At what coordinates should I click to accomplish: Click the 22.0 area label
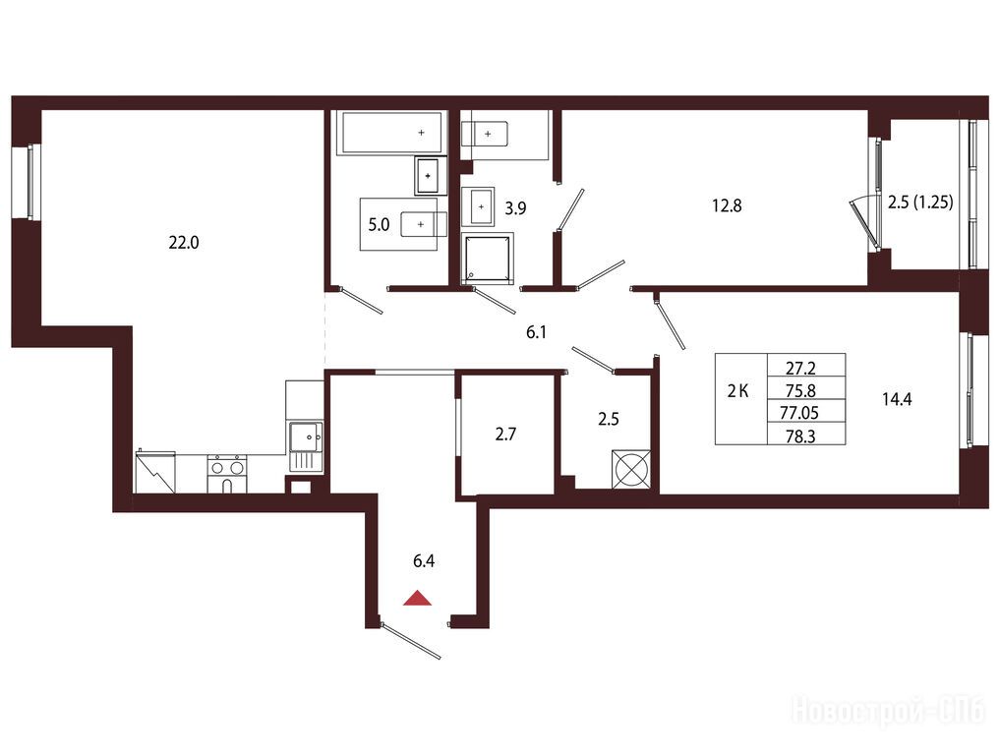184,242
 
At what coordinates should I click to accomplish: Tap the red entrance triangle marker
418,598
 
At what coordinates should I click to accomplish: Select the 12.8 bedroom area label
727,206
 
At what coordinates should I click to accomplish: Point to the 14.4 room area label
897,399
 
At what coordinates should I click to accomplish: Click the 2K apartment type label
737,391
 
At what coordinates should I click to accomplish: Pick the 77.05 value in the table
799,413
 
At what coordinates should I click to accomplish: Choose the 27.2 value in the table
801,368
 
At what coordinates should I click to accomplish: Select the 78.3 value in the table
801,436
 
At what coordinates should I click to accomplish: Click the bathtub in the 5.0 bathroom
391,133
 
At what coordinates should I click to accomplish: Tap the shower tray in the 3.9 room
488,258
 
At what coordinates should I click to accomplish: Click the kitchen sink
306,437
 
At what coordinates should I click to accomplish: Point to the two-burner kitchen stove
227,473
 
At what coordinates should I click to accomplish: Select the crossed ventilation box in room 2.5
631,469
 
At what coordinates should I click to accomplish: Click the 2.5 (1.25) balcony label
920,203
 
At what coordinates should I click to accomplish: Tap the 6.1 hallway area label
536,332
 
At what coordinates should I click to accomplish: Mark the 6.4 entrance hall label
424,561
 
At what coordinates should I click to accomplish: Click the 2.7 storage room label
505,435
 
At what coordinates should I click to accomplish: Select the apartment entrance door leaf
412,642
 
